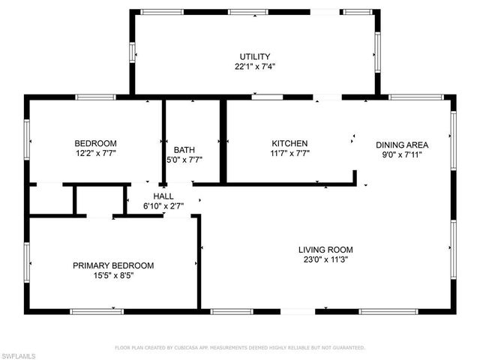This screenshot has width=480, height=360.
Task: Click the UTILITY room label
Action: click(254, 56)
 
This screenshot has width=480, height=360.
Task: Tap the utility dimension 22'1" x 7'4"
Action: click(254, 66)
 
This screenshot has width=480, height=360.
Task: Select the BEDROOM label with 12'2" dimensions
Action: click(95, 143)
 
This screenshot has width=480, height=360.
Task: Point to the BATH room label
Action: click(184, 149)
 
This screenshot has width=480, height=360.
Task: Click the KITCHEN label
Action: click(289, 143)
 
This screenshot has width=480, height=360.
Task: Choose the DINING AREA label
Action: click(402, 145)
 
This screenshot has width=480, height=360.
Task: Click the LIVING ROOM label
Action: click(325, 250)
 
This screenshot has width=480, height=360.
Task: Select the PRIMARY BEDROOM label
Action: click(113, 265)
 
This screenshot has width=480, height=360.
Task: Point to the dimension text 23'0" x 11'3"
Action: click(325, 260)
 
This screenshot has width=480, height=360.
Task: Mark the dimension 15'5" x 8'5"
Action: click(113, 275)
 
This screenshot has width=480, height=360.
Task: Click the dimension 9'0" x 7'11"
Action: click(402, 155)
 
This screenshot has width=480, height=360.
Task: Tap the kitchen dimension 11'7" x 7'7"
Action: click(289, 153)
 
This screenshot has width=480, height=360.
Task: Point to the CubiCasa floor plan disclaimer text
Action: click(239, 348)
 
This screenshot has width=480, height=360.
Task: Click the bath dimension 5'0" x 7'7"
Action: click(184, 159)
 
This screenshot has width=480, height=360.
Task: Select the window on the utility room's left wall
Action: click(133, 52)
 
